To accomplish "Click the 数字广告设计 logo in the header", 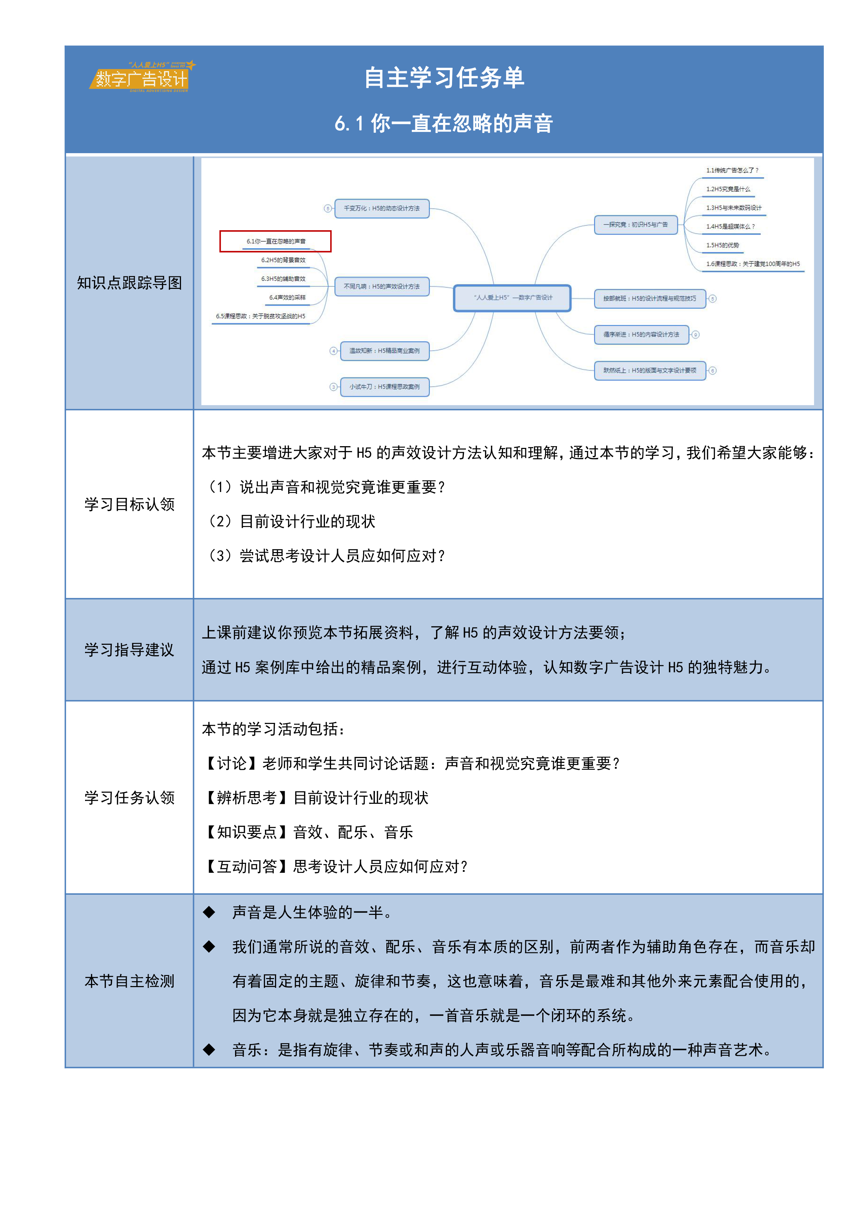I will (x=142, y=77).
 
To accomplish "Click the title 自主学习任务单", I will (x=444, y=78).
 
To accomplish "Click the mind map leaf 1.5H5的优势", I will (x=722, y=245).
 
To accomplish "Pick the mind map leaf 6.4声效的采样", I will (x=287, y=298).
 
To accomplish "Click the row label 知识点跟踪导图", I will (x=129, y=283).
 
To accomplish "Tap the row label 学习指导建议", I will (x=129, y=650).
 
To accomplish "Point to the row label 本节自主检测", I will (x=129, y=981).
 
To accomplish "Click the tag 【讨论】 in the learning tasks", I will (x=232, y=764).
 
